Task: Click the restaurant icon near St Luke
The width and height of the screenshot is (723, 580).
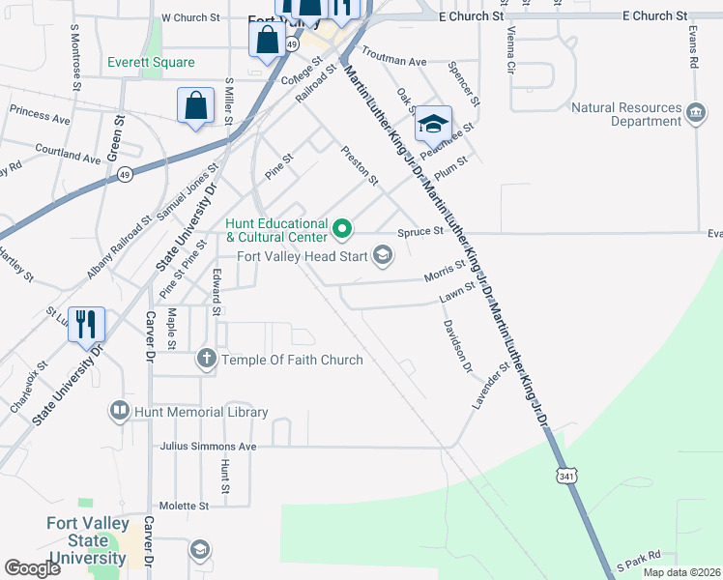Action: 86,326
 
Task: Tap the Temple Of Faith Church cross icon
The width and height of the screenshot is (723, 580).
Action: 206,360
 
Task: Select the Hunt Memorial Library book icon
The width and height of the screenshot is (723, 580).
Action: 120,412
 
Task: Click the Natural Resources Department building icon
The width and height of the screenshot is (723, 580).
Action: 695,114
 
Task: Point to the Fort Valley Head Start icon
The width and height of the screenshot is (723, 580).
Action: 383,255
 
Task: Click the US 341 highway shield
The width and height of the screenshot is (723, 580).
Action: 566,475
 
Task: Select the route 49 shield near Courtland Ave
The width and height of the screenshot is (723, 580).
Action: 126,174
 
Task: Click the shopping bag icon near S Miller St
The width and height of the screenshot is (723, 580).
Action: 195,106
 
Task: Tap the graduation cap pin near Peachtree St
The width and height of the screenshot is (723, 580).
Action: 433,124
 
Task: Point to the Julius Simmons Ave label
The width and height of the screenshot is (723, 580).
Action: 209,447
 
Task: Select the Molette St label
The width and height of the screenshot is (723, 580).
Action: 184,506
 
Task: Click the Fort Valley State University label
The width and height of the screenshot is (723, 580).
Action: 86,539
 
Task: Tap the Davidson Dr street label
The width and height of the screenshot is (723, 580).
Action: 456,348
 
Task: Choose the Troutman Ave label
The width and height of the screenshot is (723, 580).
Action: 394,60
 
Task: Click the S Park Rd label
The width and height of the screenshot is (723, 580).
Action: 638,556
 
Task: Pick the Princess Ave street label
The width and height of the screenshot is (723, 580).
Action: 40,117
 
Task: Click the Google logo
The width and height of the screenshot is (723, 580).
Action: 33,568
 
